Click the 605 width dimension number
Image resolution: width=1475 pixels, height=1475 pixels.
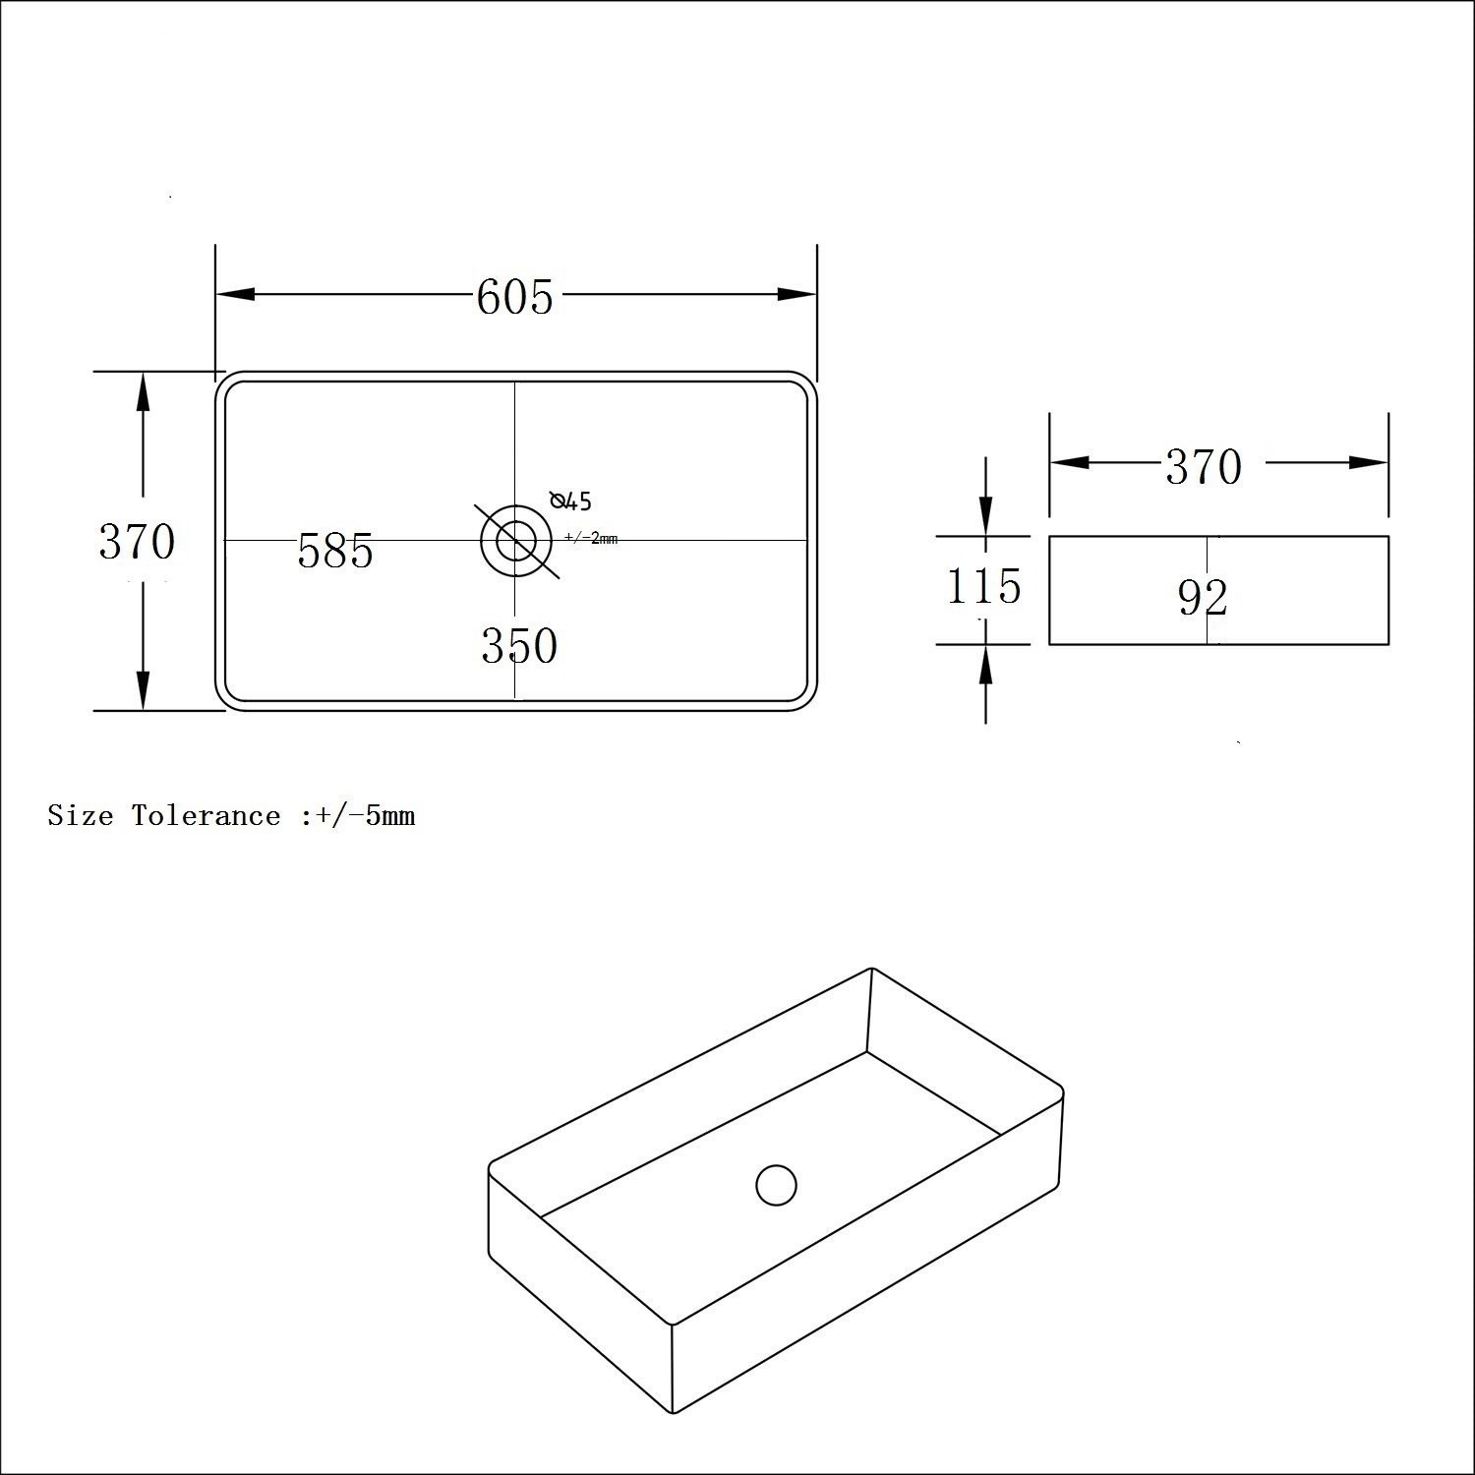[x=514, y=296]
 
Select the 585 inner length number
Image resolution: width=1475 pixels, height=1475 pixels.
[x=335, y=551]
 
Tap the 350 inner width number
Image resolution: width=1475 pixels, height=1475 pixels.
[x=519, y=646]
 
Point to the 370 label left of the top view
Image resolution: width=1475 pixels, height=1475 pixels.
[x=137, y=541]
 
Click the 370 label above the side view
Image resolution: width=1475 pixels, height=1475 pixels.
[x=1204, y=466]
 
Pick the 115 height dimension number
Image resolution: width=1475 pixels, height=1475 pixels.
[x=983, y=587]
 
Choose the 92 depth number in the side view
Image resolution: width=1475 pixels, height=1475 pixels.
[x=1204, y=597]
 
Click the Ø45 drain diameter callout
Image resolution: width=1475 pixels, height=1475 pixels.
[x=571, y=501]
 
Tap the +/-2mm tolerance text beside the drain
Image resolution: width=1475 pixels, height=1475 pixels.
[x=591, y=538]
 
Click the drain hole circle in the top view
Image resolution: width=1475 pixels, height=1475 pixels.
[x=516, y=540]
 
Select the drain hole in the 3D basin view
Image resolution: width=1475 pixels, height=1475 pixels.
[x=776, y=1185]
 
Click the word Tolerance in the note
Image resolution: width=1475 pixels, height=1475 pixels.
[x=206, y=816]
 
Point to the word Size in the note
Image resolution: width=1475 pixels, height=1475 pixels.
[x=81, y=816]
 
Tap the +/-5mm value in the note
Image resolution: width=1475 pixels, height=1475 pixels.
[x=360, y=816]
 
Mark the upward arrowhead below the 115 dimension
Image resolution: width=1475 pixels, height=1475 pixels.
[x=985, y=666]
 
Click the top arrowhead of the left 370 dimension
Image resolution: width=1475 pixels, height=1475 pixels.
[x=143, y=393]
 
